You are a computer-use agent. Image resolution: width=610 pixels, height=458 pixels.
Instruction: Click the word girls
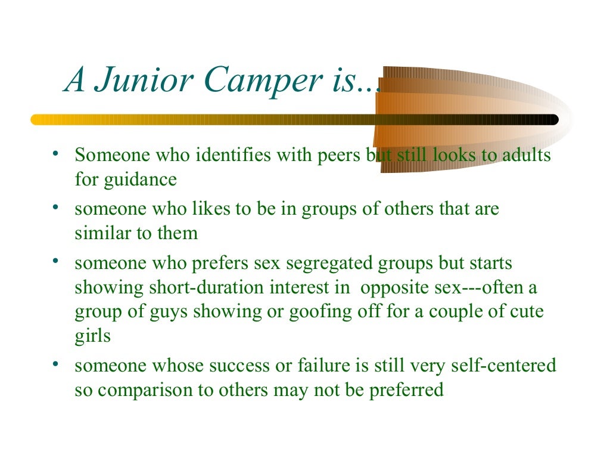[x=93, y=336]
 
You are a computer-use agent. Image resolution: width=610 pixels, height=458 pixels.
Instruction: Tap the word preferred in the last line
[x=406, y=390]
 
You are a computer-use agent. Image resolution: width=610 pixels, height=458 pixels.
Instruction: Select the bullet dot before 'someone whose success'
[x=54, y=363]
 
